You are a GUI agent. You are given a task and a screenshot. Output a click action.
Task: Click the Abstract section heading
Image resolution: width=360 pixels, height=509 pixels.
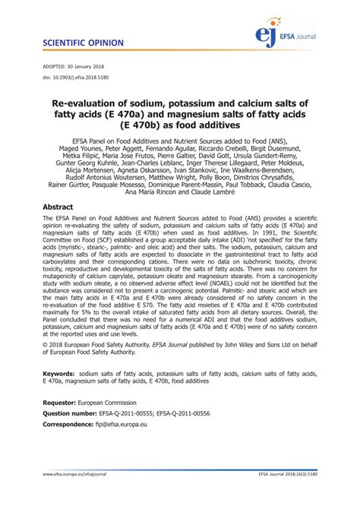(58, 207)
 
